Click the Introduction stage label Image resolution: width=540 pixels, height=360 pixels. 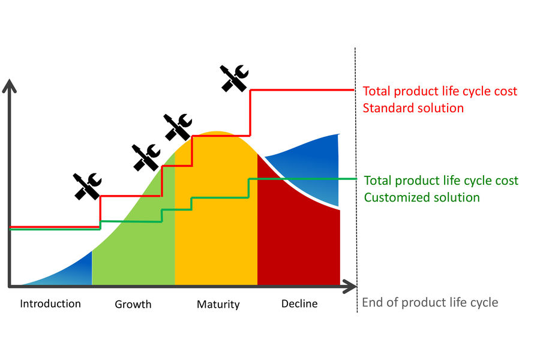point(50,304)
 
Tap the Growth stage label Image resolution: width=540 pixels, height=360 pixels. point(133,304)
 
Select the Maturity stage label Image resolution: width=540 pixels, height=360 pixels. point(218,304)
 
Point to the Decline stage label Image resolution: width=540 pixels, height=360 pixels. point(299,304)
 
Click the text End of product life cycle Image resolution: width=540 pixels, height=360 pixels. point(430,302)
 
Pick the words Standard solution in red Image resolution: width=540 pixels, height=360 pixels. point(413,108)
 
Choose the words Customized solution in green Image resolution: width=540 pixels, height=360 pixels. point(422,197)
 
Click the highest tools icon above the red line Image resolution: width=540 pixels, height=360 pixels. point(234,78)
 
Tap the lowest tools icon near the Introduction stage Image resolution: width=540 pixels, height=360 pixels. point(88,187)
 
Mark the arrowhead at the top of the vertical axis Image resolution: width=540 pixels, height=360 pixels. point(9,85)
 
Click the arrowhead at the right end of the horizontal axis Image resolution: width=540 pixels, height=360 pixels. point(350,287)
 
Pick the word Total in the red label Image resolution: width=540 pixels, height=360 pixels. point(377,91)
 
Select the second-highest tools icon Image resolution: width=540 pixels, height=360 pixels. point(178,127)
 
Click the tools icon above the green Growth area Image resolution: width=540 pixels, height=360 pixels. point(146,157)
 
